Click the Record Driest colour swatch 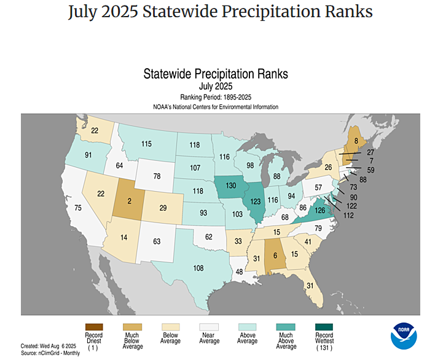[x=93, y=326]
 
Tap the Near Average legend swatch [x=210, y=326]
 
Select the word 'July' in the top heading [x=86, y=12]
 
